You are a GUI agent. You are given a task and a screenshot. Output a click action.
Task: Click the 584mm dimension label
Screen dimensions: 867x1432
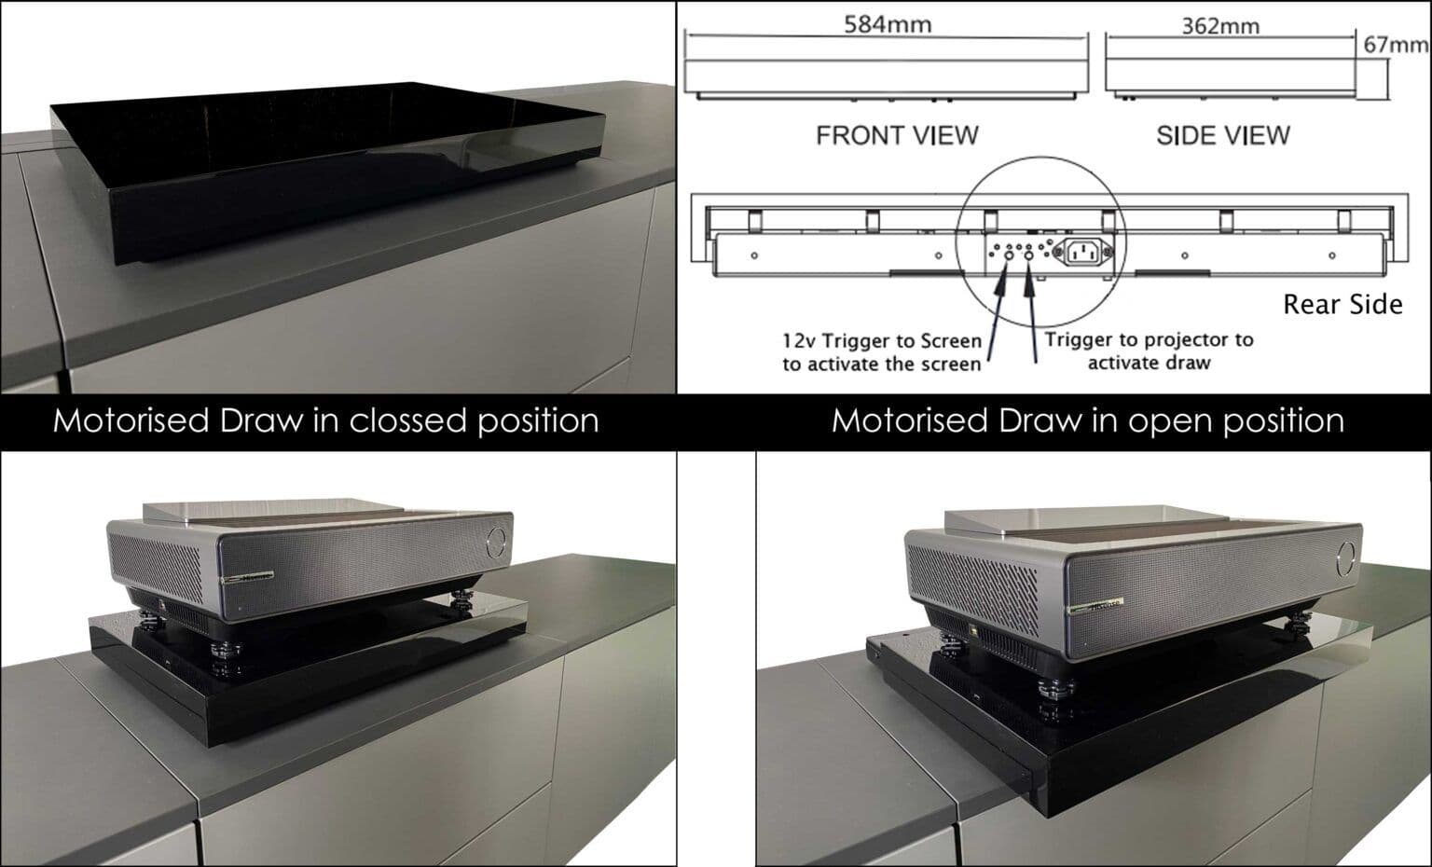[x=887, y=24]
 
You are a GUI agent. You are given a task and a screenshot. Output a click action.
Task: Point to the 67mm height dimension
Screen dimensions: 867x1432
[x=1395, y=46]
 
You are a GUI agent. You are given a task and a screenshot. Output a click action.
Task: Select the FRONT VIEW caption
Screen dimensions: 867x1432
[x=897, y=136]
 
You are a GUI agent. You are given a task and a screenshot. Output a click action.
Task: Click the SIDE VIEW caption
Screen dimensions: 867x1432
[x=1222, y=136]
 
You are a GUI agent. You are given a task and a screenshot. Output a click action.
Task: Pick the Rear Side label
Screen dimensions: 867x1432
[x=1342, y=305]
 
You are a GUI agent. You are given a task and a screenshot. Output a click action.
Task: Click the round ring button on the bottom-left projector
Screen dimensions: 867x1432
[x=497, y=540]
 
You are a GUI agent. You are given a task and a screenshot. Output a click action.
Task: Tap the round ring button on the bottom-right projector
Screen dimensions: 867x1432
[x=1347, y=557]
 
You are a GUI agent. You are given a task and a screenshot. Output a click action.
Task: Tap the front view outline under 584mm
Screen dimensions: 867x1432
[x=887, y=76]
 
